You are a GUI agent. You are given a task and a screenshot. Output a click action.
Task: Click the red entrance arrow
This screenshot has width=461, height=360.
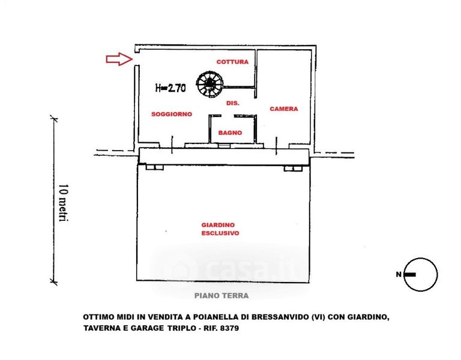(119, 58)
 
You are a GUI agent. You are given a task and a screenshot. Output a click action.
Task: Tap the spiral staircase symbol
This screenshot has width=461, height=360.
(211, 84)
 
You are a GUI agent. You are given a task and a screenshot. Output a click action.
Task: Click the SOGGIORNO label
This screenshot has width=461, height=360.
(172, 114)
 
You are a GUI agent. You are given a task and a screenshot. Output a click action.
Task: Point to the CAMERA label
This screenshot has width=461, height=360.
(283, 109)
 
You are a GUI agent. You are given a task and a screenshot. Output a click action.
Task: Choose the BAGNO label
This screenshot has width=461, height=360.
(230, 133)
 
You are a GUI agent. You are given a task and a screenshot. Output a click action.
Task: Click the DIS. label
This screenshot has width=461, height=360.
(233, 104)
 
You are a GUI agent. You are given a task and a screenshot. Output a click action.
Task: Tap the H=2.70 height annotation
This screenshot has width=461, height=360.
(170, 88)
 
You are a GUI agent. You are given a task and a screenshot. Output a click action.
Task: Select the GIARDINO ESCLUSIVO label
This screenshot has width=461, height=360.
(220, 229)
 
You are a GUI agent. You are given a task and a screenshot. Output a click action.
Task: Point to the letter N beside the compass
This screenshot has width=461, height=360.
(397, 275)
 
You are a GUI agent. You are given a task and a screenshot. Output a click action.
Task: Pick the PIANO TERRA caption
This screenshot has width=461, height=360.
(221, 295)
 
